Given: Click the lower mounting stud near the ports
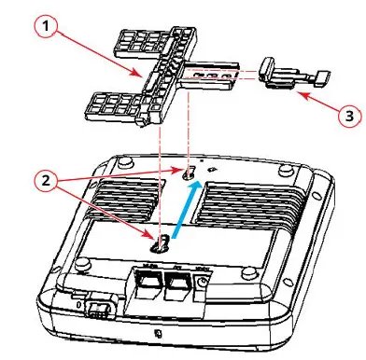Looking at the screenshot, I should coord(162,243).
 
